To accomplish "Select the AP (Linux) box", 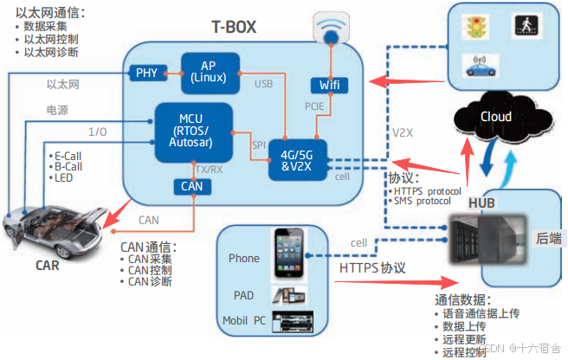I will pos(210,72).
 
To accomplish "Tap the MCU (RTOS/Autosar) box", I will pos(194,131).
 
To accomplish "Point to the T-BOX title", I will pos(234,27).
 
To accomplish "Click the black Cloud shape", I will pos(496,116).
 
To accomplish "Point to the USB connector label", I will pos(264,83).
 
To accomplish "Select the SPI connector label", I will pos(259,145).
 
